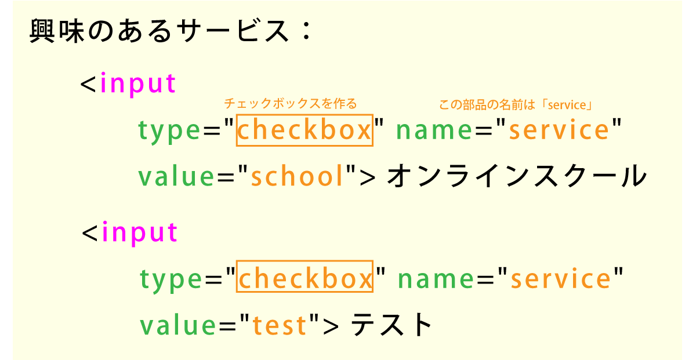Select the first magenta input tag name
(x=138, y=83)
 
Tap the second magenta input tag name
(x=140, y=232)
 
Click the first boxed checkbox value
(x=304, y=130)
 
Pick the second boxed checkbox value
(x=304, y=276)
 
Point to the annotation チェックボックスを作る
(x=291, y=103)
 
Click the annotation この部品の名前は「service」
(x=516, y=105)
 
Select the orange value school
(x=297, y=176)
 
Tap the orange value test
(x=280, y=325)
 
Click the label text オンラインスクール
(x=517, y=176)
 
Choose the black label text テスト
(x=391, y=325)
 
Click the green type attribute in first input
(x=169, y=131)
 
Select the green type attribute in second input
(x=171, y=280)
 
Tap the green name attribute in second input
(x=436, y=279)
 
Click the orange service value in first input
(x=559, y=129)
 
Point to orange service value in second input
(x=560, y=278)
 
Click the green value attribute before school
(x=176, y=176)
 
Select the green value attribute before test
(x=178, y=325)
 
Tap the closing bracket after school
(x=368, y=178)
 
